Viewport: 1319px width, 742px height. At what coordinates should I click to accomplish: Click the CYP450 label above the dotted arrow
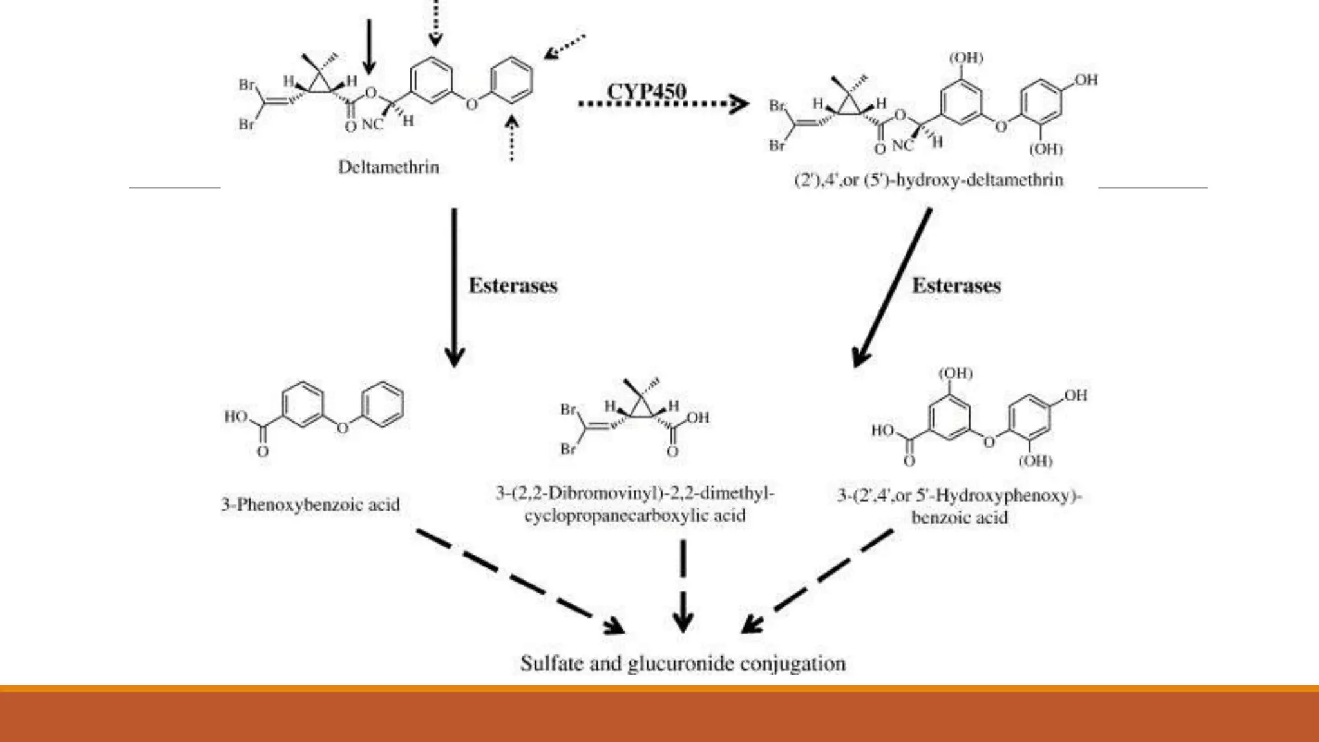coord(646,91)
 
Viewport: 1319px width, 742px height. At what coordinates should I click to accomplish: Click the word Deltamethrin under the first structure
coord(388,167)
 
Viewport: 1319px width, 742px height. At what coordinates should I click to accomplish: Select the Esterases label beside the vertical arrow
coord(513,285)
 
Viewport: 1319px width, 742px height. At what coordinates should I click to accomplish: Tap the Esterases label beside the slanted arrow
coord(956,285)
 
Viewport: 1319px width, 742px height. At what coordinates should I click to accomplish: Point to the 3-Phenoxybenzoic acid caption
coord(310,504)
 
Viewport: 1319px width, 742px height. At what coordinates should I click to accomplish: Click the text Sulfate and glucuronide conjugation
coord(683,663)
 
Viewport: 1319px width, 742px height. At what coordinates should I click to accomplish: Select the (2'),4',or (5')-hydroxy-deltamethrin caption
coord(929,180)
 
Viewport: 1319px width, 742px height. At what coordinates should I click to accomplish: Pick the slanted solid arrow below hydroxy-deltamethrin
coord(892,287)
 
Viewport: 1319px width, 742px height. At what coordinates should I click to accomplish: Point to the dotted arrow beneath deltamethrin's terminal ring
coord(511,138)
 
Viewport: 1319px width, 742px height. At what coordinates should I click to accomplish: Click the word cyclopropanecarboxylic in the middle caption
coord(634,516)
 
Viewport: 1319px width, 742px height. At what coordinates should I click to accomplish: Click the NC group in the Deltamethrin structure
coord(372,124)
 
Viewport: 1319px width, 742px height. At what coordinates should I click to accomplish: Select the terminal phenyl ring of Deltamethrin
coord(512,80)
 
